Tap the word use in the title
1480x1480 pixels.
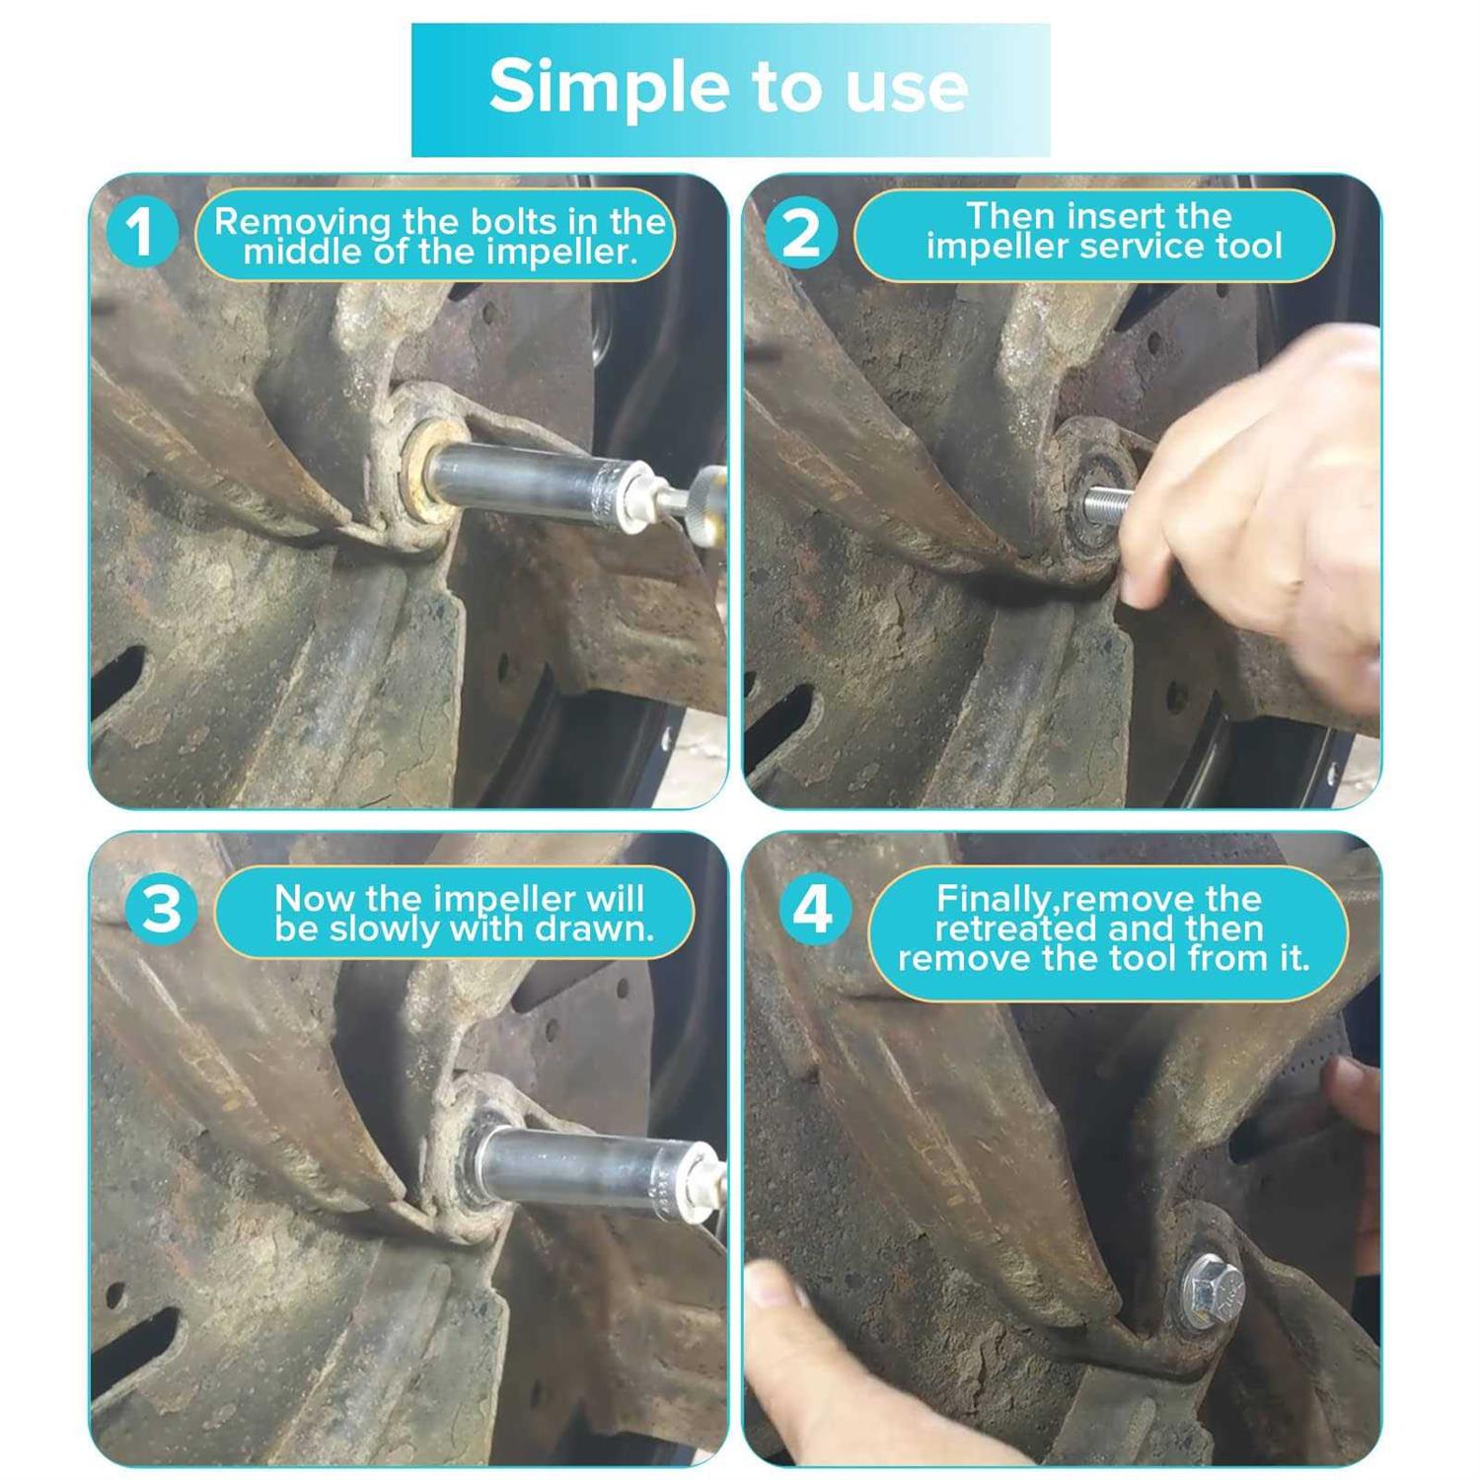click(907, 87)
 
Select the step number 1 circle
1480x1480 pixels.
click(140, 233)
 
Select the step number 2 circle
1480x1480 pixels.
click(800, 234)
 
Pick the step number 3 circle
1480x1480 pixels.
click(161, 908)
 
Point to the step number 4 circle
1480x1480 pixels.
click(814, 909)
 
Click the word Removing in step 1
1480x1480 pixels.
click(289, 222)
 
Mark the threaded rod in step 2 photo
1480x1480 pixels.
click(1108, 505)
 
